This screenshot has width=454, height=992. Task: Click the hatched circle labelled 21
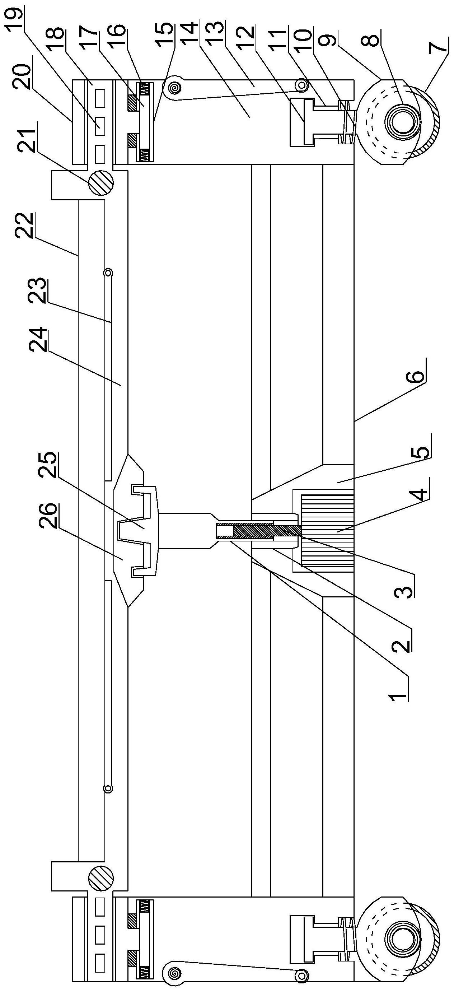pyautogui.click(x=101, y=183)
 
